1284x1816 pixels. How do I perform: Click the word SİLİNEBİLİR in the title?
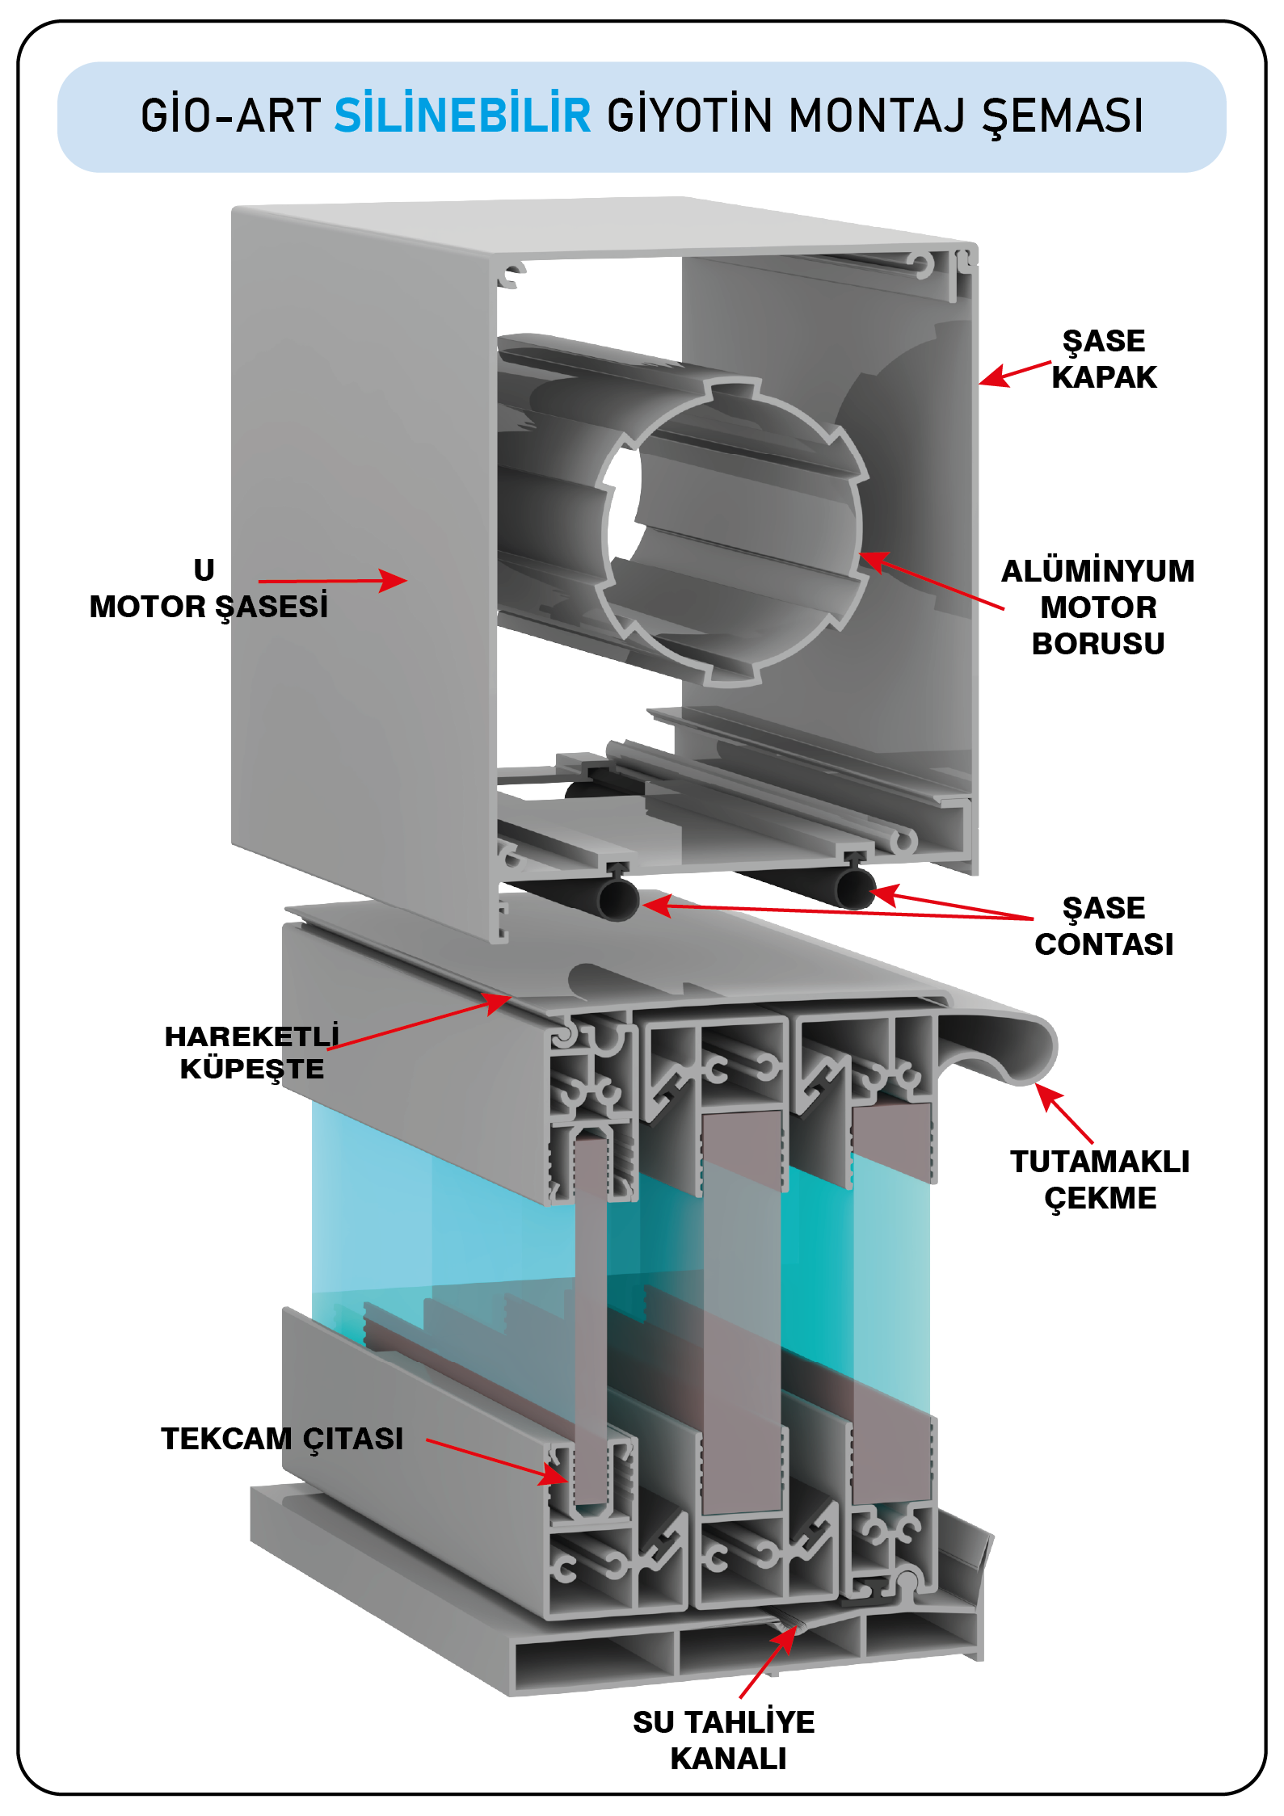click(x=462, y=116)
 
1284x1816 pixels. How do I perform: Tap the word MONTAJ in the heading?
click(x=877, y=116)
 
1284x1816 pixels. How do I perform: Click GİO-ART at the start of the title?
click(x=230, y=116)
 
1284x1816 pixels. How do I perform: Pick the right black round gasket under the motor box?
click(x=855, y=889)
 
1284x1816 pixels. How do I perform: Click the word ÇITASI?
click(x=353, y=1439)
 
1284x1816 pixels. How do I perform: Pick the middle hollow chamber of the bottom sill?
click(x=768, y=1648)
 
